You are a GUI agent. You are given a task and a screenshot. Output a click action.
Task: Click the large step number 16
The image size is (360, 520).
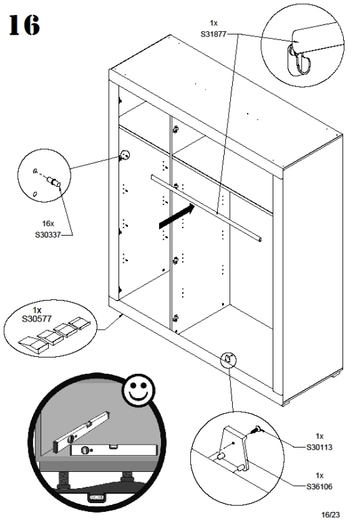(x=24, y=25)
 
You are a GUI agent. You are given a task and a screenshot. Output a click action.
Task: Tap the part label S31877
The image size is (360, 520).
(x=213, y=34)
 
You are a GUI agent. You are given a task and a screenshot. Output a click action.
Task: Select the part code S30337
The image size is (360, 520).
(x=48, y=235)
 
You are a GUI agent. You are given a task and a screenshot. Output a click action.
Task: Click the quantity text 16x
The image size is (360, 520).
(x=48, y=223)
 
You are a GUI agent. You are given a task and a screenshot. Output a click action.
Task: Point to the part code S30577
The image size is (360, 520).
(x=37, y=319)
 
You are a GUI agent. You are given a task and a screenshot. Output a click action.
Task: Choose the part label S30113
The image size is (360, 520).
(x=319, y=448)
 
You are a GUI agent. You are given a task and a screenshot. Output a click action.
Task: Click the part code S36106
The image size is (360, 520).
(x=319, y=487)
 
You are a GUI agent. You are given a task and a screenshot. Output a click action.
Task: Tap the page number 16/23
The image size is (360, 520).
(x=331, y=515)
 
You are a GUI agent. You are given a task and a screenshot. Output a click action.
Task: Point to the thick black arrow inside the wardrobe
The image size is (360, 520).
(x=177, y=216)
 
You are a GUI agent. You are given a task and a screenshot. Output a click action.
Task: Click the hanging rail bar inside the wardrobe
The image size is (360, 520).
(x=206, y=208)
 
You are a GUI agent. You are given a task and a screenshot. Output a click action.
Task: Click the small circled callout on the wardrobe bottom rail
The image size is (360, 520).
(x=229, y=359)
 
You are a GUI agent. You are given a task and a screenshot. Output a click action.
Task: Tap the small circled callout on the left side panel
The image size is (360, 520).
(x=125, y=155)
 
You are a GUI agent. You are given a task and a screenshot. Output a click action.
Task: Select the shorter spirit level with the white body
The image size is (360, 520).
(x=114, y=450)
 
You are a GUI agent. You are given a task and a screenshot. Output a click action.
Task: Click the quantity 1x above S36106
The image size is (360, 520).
(x=319, y=475)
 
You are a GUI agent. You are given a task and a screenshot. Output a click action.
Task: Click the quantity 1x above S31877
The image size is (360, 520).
(x=213, y=23)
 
